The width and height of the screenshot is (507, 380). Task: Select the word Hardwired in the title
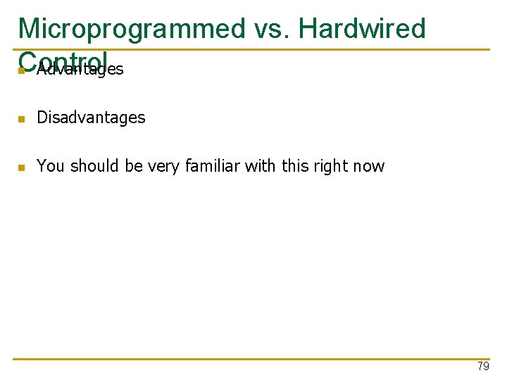[x=362, y=29]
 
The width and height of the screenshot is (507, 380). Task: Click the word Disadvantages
[x=91, y=118]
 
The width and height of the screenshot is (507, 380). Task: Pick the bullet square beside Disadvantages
[x=22, y=119]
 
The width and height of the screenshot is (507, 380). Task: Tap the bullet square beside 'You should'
[x=22, y=167]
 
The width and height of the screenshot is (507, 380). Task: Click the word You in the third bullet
[x=50, y=166]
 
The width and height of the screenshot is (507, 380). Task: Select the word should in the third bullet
[x=89, y=166]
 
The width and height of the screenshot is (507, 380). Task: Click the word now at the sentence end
[x=370, y=167]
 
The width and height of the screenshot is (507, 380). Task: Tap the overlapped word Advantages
[x=80, y=69]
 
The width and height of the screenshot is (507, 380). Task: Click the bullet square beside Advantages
[x=22, y=70]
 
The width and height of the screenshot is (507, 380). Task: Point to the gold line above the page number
[x=254, y=359]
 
